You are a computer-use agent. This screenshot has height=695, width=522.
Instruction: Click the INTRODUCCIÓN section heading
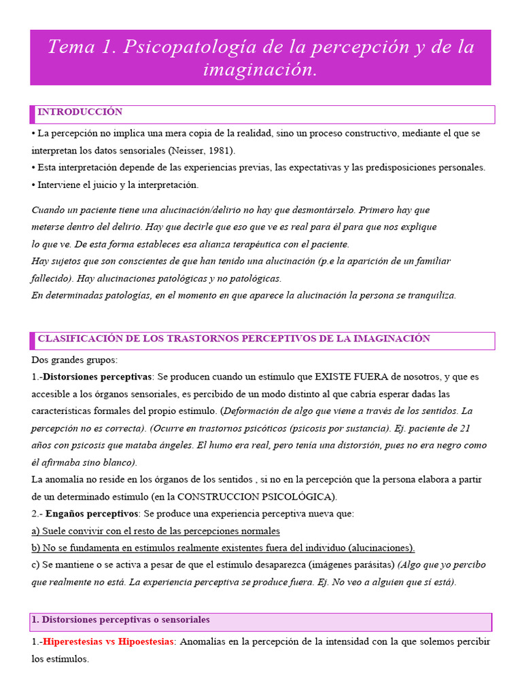tap(80, 112)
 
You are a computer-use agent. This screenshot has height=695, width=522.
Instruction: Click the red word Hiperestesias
tap(74, 641)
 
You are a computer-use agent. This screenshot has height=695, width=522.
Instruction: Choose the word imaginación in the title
tap(260, 69)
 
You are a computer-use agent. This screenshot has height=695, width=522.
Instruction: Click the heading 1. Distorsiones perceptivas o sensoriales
tap(120, 620)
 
